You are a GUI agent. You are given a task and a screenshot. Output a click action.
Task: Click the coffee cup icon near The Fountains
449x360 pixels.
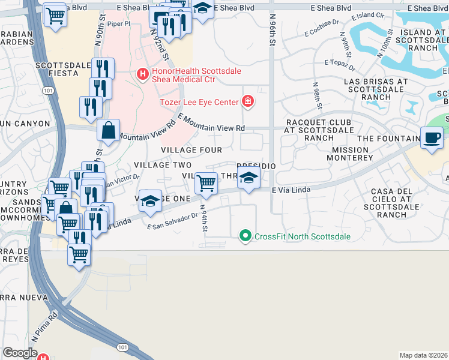coord(432,137)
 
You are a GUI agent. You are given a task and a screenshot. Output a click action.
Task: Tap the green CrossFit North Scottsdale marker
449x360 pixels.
coord(244,236)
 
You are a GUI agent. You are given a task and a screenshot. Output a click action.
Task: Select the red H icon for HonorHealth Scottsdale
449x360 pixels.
coord(142,75)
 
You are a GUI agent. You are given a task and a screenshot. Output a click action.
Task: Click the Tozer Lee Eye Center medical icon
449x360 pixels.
coord(247,101)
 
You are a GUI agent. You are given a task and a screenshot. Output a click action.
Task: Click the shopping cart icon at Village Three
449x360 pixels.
coord(206,182)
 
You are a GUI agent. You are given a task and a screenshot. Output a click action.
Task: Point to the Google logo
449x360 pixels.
coord(20,352)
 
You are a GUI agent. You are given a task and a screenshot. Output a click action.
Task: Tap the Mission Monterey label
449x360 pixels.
coord(349,153)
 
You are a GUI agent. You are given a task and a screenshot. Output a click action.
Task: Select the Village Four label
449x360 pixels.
coord(191,149)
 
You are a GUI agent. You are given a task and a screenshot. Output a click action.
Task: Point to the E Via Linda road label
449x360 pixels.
coord(291,190)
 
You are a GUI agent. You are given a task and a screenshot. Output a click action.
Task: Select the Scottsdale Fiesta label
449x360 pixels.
coord(57,69)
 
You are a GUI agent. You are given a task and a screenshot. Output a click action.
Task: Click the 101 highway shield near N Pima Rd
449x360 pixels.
coord(123,347)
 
